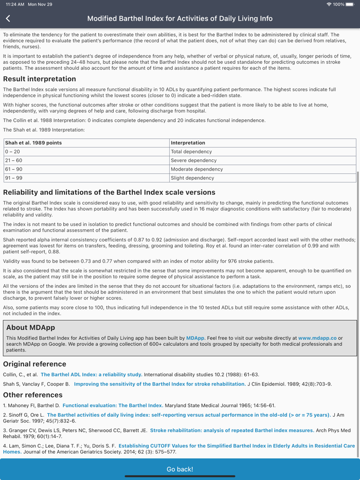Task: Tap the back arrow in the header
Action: click(x=8, y=19)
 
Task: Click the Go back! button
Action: click(x=180, y=469)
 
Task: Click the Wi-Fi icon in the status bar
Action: click(x=329, y=4)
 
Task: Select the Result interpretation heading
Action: click(x=40, y=79)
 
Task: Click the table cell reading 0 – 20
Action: click(x=13, y=152)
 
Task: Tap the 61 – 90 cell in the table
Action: click(x=14, y=169)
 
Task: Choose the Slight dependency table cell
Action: click(x=192, y=178)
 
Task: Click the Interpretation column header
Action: click(x=188, y=143)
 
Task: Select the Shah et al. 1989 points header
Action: click(x=33, y=143)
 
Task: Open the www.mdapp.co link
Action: click(x=317, y=338)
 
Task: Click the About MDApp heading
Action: click(x=30, y=327)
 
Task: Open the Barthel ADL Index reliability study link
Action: click(x=92, y=375)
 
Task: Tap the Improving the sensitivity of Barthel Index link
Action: click(x=159, y=384)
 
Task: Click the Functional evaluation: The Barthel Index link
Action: click(x=113, y=405)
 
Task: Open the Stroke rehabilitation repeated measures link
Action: click(x=232, y=430)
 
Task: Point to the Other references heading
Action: click(x=33, y=395)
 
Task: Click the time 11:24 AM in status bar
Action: click(x=13, y=4)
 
